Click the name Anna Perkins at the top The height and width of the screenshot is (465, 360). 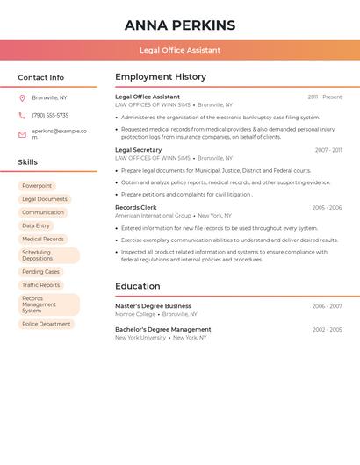coord(180,25)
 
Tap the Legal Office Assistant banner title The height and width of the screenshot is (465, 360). coord(180,50)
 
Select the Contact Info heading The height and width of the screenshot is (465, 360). coord(41,77)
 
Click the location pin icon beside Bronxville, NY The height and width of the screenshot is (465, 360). coord(22,98)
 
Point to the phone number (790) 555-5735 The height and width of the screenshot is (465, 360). coord(50,115)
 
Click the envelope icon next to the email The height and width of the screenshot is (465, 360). coord(22,134)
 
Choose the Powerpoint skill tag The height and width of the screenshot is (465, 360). coord(37,186)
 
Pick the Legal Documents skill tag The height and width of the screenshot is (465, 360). coord(45,199)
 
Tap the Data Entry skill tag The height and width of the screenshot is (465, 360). coord(36,225)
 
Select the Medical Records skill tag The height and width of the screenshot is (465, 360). coord(43,239)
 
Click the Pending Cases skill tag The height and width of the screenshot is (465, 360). coord(40,272)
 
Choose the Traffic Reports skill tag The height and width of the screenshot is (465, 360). coord(41,285)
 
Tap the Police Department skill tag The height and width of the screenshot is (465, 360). coord(47,324)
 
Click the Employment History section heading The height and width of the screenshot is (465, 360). coord(161,77)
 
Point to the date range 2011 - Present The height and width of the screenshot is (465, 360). coord(325,97)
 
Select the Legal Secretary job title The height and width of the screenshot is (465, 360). coord(139,150)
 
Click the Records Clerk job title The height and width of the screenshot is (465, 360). coord(136,208)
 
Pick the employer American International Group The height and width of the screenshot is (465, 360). coord(153,216)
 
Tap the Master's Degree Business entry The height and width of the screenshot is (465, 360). coord(153,306)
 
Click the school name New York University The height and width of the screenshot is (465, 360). coord(140,338)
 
